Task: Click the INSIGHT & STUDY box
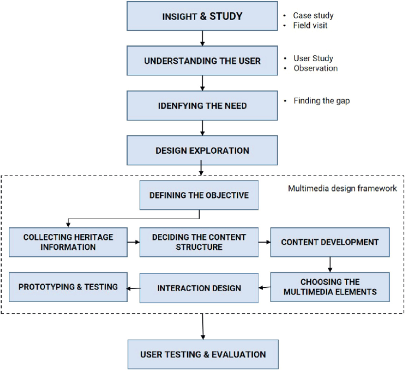pos(202,16)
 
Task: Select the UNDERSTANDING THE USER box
pos(202,61)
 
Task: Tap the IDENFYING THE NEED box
pos(202,105)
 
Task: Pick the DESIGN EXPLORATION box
pos(202,150)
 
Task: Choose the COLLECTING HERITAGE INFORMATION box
pos(68,242)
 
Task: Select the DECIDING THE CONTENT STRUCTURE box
pos(199,242)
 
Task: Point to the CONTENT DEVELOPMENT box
pos(329,242)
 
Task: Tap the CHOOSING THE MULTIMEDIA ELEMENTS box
pos(329,287)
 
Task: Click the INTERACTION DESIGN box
pos(199,288)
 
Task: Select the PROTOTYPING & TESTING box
pos(68,287)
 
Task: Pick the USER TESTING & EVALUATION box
pos(202,354)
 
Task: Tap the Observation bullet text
pos(315,68)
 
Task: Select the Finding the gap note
pos(321,100)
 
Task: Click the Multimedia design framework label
pos(342,188)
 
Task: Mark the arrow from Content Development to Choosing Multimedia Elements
pos(329,263)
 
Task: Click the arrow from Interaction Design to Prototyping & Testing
pos(134,288)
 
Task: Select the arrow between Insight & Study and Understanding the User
pos(202,38)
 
